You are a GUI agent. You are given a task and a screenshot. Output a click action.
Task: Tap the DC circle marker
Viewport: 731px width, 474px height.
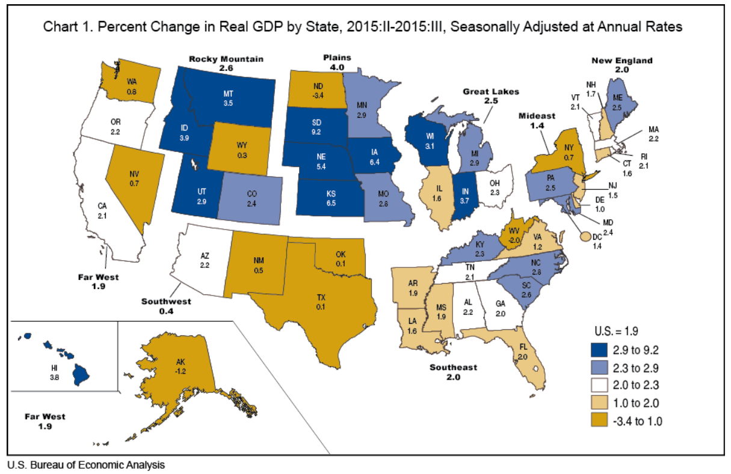tap(584, 237)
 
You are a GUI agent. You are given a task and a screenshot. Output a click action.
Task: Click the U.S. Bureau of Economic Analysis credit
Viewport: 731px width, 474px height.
tap(85, 465)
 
